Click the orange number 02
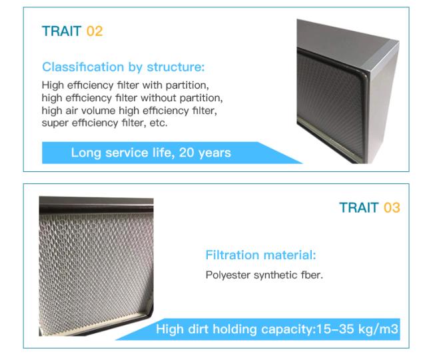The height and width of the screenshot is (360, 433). click(95, 31)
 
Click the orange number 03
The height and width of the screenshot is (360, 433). click(392, 207)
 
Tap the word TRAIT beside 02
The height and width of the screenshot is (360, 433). click(61, 31)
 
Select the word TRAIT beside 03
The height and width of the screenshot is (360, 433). click(359, 207)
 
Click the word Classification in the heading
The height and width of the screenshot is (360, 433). click(83, 67)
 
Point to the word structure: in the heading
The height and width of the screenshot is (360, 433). click(176, 67)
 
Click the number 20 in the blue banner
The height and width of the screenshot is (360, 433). click(187, 153)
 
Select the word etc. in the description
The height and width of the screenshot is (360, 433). click(159, 123)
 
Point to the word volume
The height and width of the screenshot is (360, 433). click(99, 111)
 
